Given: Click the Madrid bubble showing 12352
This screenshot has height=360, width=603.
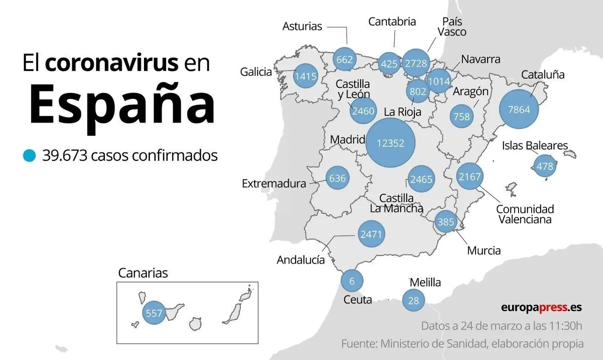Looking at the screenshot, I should (390, 143).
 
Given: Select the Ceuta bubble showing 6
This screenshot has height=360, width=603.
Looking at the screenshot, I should (351, 281).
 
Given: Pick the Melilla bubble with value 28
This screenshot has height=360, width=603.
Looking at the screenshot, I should (413, 300).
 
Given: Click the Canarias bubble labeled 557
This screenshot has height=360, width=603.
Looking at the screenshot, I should (153, 313).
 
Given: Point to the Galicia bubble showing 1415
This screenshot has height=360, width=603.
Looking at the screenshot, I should (305, 76).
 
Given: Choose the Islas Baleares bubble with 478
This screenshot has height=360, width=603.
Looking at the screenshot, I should (544, 165).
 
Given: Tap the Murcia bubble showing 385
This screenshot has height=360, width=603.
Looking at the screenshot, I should (445, 221).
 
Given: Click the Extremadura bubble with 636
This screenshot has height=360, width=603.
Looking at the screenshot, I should (337, 178).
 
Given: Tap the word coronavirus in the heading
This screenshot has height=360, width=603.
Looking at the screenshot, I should (111, 63).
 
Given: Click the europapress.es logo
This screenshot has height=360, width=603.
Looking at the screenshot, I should (541, 307).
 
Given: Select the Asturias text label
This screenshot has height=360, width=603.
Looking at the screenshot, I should (302, 26).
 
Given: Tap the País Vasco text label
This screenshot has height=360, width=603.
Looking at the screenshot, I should (452, 27).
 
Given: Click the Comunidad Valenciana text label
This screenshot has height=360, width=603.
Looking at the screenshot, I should (525, 214).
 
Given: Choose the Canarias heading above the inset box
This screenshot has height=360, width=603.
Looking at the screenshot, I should (143, 273).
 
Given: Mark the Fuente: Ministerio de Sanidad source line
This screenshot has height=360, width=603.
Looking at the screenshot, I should (462, 344).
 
